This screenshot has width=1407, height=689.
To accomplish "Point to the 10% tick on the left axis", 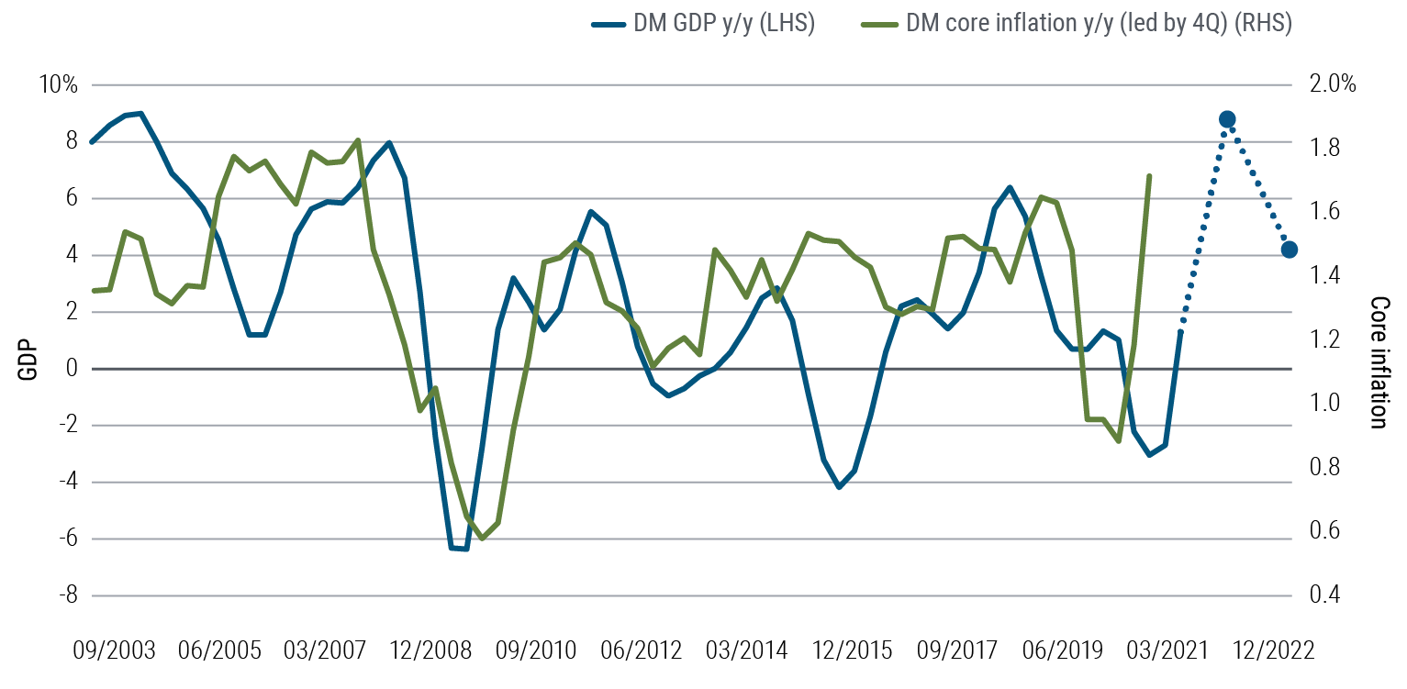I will [59, 85].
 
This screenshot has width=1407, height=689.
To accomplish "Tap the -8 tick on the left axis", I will [68, 595].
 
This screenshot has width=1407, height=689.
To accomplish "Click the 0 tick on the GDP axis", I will [72, 369].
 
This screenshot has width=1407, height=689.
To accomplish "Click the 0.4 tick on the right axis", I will [1319, 595].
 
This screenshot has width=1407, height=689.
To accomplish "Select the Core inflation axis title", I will [1378, 361].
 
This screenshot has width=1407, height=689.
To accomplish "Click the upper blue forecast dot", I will [1227, 119].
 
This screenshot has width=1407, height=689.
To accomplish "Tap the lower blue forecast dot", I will [1290, 250].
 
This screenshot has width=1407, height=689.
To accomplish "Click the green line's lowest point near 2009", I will [482, 538].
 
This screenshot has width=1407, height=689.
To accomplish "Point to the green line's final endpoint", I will [1149, 174].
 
